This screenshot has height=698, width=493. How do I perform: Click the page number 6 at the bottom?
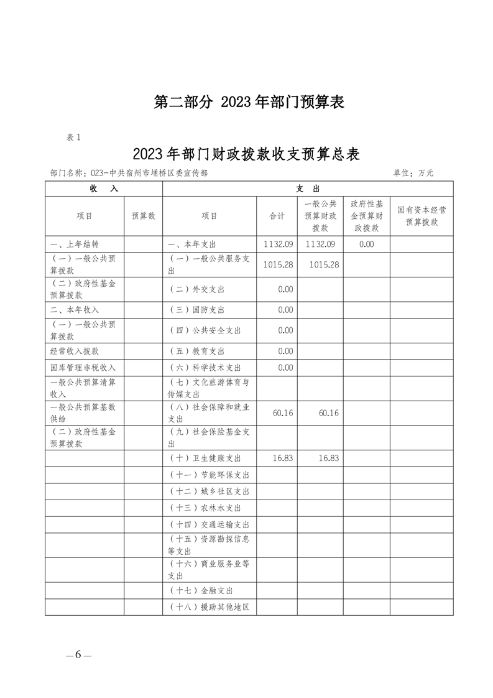click(78, 654)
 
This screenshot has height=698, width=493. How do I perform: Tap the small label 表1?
click(73, 137)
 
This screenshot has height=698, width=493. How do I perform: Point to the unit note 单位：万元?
click(413, 173)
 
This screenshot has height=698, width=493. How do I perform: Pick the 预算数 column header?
click(143, 216)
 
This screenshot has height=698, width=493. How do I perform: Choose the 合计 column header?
click(277, 216)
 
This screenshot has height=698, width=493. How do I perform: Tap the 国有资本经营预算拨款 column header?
click(422, 216)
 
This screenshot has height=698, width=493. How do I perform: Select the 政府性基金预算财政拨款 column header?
click(366, 216)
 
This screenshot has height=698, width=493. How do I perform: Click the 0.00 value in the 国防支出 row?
click(285, 310)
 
